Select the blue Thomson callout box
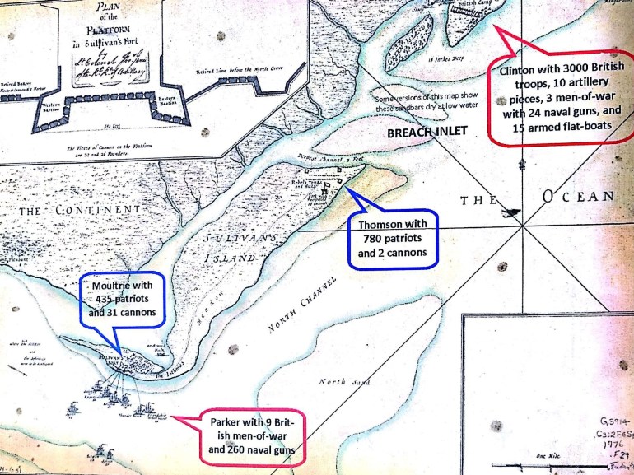(394, 239)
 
